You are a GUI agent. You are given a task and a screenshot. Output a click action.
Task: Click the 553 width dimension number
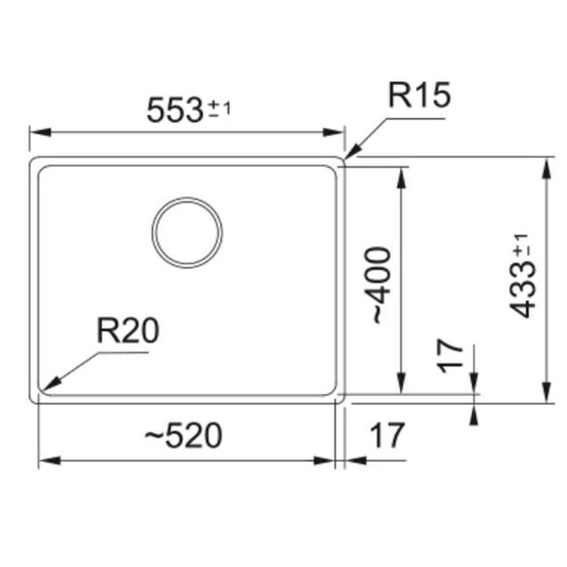pyautogui.click(x=174, y=110)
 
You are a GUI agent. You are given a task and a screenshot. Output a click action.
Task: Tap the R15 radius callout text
pyautogui.click(x=419, y=94)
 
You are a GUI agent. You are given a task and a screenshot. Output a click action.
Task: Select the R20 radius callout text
pyautogui.click(x=128, y=330)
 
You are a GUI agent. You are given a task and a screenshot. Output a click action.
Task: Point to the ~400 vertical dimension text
pyautogui.click(x=381, y=285)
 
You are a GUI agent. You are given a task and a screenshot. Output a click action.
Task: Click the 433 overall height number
pyautogui.click(x=522, y=289)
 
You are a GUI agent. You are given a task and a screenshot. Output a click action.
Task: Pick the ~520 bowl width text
pyautogui.click(x=183, y=435)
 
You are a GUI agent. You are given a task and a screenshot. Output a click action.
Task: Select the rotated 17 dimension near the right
pyautogui.click(x=450, y=356)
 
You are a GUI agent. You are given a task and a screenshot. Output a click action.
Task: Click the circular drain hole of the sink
pyautogui.click(x=187, y=232)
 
